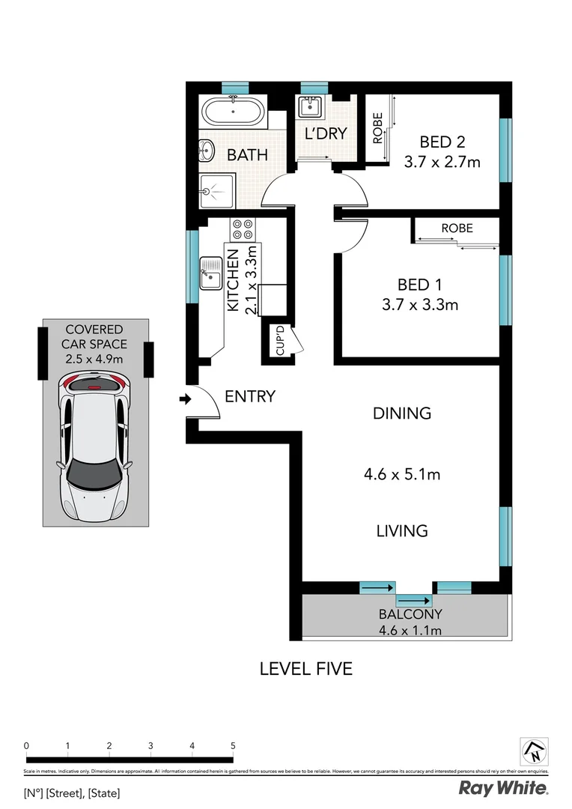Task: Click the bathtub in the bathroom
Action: pos(232,114)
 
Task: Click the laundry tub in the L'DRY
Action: pos(308,107)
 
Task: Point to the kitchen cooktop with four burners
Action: pos(243,228)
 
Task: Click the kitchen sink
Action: pos(209,273)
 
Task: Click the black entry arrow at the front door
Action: pos(184,400)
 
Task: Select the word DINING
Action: pos(403,413)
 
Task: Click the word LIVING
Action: pos(402,531)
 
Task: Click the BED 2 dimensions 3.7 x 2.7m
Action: pos(442,161)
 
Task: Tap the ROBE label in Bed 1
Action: pos(457,228)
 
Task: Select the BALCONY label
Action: pos(410,614)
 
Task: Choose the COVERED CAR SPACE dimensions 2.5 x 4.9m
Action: pos(94,359)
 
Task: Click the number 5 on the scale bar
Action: pos(234,745)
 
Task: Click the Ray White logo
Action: pos(502,787)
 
